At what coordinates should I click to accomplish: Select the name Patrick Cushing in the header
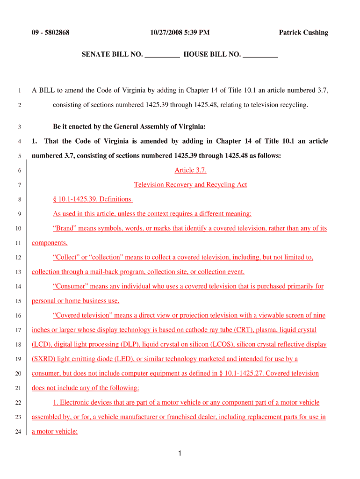pos(303,33)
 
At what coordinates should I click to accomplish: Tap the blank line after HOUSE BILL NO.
pos(260,55)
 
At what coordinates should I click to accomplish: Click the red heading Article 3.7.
pos(190,170)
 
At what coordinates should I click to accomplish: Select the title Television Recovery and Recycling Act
pos(190,185)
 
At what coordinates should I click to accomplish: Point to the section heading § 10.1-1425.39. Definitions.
pos(93,199)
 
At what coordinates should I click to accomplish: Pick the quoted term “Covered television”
pos(81,315)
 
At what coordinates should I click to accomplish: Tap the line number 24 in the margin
pos(18,432)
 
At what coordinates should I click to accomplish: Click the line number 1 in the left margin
pos(20,91)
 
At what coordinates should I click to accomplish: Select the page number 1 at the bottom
pos(180,453)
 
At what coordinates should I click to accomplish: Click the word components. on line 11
pos(50,243)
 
